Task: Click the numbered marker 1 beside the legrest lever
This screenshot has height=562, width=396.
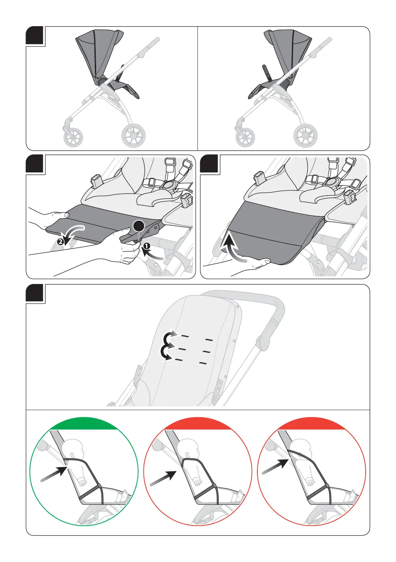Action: tap(147, 246)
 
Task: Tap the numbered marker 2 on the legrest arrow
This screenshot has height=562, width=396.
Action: tap(60, 241)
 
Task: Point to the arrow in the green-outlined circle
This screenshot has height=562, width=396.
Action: tap(53, 475)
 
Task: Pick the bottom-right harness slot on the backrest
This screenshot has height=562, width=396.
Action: tap(203, 363)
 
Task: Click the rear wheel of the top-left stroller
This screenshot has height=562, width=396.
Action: tap(133, 135)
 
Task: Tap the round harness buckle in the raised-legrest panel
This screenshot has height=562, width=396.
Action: tap(332, 182)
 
